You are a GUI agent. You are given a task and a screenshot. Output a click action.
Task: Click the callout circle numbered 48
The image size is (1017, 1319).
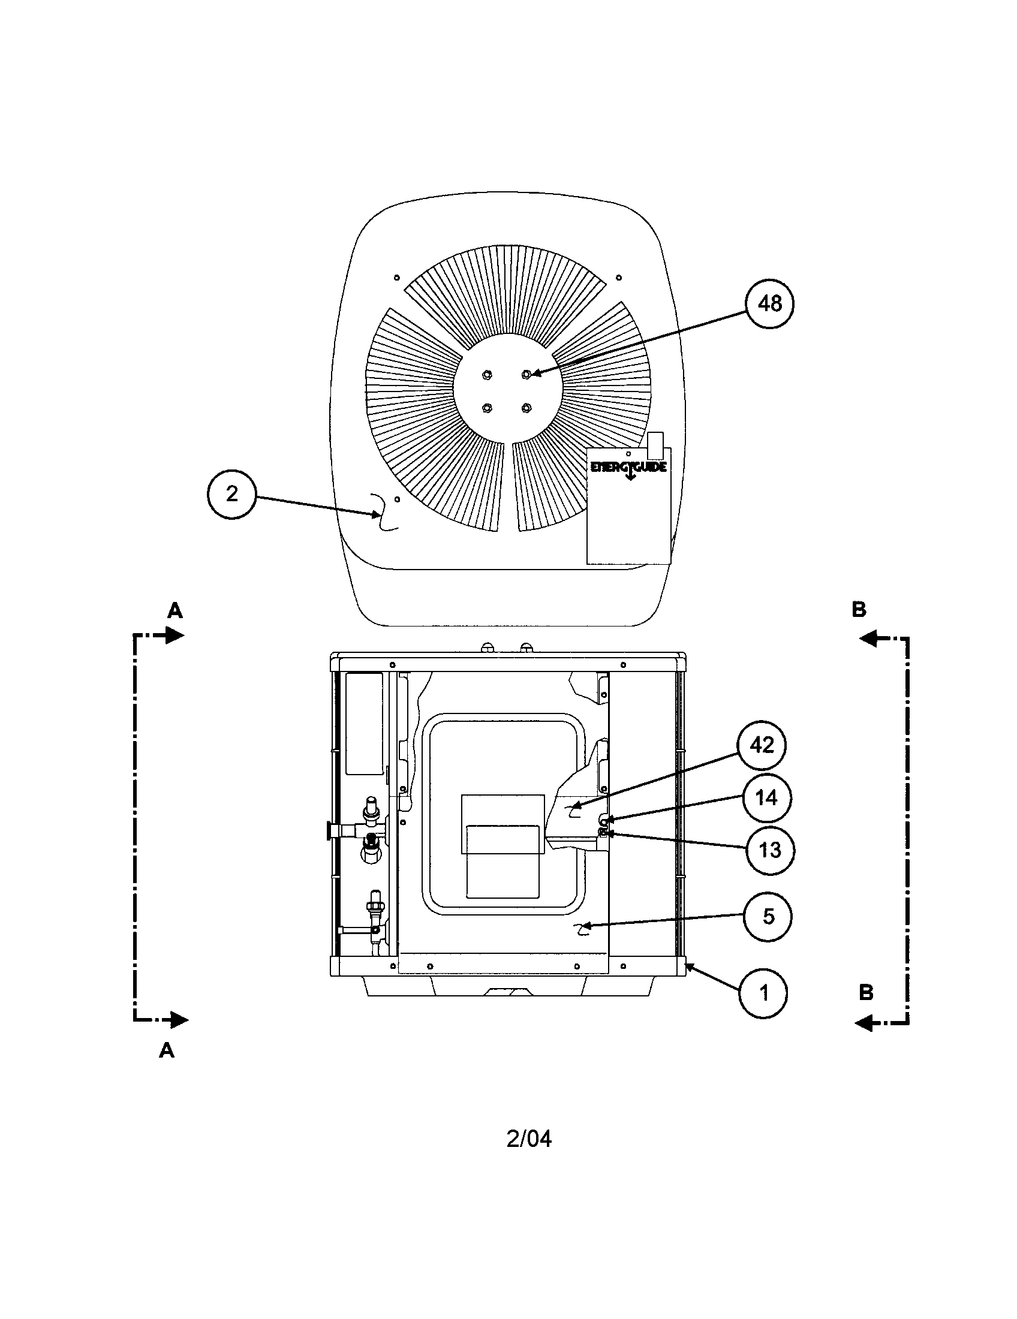coord(769,304)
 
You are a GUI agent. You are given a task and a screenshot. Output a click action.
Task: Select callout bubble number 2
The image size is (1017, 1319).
coord(232,495)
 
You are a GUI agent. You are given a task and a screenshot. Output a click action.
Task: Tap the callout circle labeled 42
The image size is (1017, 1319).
coord(762,745)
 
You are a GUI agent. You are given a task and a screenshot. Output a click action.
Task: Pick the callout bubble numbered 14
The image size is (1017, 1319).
coord(766,798)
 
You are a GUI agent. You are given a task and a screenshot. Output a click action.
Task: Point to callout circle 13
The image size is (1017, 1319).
coord(770,850)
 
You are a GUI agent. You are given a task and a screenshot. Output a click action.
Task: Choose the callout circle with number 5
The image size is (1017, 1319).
coord(768,916)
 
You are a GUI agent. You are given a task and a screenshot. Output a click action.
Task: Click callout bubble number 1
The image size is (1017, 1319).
coord(763,993)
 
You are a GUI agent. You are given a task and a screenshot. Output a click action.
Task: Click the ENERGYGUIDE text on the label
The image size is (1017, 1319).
coord(628,467)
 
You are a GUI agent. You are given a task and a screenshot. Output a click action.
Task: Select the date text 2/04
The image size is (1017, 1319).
coord(529,1139)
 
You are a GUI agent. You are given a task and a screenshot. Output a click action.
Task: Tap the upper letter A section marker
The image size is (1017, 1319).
coord(174,611)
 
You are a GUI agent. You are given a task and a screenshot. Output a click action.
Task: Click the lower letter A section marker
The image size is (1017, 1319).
coord(167,1051)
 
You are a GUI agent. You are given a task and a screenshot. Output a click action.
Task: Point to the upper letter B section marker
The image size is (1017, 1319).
coord(859,610)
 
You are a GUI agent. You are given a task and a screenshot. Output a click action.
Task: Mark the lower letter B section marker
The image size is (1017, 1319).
coord(866,993)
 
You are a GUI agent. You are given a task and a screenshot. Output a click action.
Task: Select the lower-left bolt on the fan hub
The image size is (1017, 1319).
coord(486,408)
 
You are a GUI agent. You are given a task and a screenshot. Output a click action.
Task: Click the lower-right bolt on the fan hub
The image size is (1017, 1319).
coord(525,408)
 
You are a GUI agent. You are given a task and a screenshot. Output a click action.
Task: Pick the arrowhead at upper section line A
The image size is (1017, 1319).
coord(175,636)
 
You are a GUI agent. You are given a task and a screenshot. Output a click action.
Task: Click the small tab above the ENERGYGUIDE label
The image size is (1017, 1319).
coord(655,444)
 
